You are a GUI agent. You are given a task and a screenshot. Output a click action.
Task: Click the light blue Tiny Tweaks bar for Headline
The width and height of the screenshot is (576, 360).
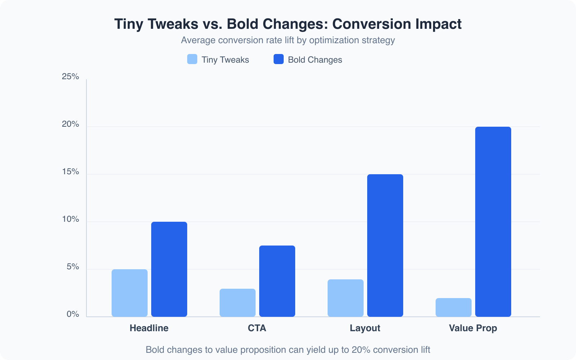pyautogui.click(x=130, y=293)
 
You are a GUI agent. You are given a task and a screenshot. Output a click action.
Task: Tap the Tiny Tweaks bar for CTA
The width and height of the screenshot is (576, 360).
pyautogui.click(x=238, y=303)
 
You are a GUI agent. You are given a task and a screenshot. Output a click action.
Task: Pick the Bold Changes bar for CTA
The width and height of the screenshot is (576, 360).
pyautogui.click(x=277, y=281)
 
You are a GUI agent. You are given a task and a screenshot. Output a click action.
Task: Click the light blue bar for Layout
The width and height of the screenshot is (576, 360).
pyautogui.click(x=346, y=298)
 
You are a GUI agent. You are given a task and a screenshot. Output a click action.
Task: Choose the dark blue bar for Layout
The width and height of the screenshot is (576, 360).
pyautogui.click(x=385, y=246)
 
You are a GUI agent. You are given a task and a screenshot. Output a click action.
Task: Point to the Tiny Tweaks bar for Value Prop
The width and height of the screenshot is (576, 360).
pyautogui.click(x=454, y=307)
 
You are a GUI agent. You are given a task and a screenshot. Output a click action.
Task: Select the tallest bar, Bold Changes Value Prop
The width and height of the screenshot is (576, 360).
pyautogui.click(x=493, y=222)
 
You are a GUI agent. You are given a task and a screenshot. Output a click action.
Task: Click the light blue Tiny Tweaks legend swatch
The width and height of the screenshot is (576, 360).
pyautogui.click(x=192, y=59)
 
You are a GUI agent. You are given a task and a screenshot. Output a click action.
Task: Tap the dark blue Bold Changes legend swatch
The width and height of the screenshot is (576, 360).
pyautogui.click(x=279, y=59)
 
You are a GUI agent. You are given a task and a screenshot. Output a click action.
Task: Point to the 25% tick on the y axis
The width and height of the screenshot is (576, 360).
pyautogui.click(x=71, y=76)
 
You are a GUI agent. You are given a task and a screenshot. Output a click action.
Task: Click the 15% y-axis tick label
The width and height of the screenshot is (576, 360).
pyautogui.click(x=71, y=172)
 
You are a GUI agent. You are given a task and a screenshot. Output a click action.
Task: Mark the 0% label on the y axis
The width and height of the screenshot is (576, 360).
pyautogui.click(x=73, y=314)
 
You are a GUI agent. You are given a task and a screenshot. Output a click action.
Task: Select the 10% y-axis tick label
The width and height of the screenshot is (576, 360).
pyautogui.click(x=71, y=219)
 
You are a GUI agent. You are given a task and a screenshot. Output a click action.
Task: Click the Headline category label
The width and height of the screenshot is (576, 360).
pyautogui.click(x=149, y=328)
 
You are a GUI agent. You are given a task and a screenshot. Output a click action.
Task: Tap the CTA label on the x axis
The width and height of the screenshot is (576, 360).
pyautogui.click(x=257, y=328)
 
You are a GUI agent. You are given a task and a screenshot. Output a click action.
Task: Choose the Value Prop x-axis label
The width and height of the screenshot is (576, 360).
pyautogui.click(x=473, y=328)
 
